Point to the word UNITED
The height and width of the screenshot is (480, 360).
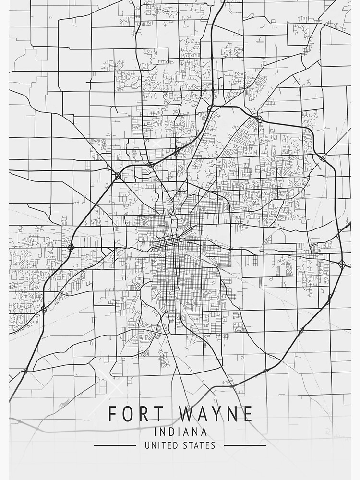point(161,445)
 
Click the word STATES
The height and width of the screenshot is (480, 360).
point(199,445)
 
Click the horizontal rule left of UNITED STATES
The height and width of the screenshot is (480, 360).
point(115,445)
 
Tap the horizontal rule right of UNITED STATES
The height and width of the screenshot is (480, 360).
point(245,445)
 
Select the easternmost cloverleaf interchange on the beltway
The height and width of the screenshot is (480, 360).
point(342,264)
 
